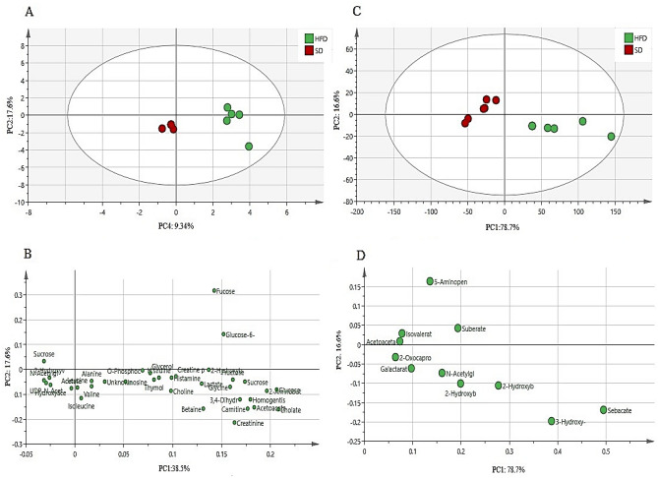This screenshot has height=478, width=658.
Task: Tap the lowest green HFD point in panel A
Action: pyautogui.click(x=249, y=147)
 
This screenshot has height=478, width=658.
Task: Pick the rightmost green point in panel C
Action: pyautogui.click(x=611, y=137)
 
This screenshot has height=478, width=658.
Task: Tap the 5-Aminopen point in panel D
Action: pyautogui.click(x=430, y=281)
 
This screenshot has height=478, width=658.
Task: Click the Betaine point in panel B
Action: pyautogui.click(x=204, y=408)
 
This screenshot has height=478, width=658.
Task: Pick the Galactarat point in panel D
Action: pyautogui.click(x=411, y=368)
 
